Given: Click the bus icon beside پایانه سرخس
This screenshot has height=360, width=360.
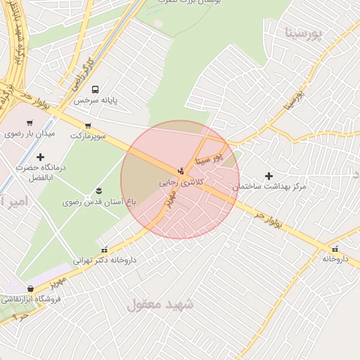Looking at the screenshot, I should pyautogui.click(x=95, y=89).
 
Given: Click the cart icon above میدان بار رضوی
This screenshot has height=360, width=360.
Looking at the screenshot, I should pyautogui.click(x=30, y=123).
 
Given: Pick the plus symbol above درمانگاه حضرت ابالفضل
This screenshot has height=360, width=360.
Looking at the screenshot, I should pyautogui.click(x=40, y=156).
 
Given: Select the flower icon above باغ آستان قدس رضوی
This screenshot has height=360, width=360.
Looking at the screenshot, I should pyautogui.click(x=98, y=191).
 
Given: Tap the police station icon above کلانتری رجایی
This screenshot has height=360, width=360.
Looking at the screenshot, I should pyautogui.click(x=181, y=170).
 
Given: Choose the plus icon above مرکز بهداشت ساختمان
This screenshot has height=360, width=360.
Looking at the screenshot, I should pyautogui.click(x=268, y=175).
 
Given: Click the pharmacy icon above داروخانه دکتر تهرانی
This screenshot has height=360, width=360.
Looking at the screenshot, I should pyautogui.click(x=105, y=249).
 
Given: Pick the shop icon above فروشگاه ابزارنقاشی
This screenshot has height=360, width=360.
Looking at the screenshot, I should pyautogui.click(x=30, y=288).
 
